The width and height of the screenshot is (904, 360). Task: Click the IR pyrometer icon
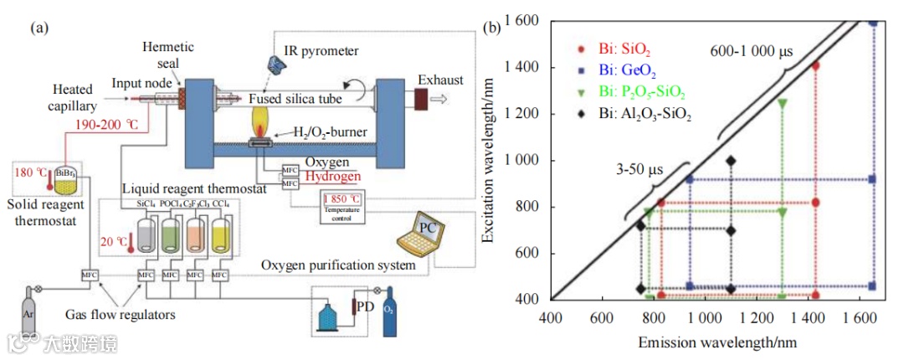(276, 62)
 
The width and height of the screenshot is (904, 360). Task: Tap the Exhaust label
(440, 80)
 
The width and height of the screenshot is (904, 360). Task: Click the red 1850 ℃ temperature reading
(343, 199)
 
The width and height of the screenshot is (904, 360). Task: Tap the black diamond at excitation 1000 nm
(732, 161)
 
